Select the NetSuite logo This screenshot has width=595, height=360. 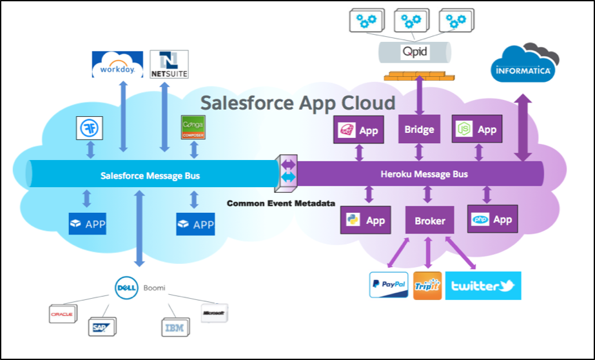click(169, 65)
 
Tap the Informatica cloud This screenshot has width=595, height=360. click(523, 68)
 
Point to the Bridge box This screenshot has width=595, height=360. click(418, 130)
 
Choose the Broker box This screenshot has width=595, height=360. click(429, 220)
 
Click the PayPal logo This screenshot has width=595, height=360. click(389, 285)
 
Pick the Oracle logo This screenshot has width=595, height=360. click(63, 314)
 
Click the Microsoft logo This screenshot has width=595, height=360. click(213, 313)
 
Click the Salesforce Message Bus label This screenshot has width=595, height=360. click(150, 175)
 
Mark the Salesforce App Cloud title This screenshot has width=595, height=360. click(297, 103)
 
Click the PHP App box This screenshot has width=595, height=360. click(493, 219)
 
